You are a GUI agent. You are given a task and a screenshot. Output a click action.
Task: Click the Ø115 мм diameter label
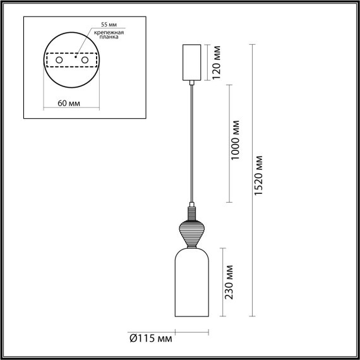point(150,340)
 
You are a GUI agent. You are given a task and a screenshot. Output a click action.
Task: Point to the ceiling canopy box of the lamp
point(191,63)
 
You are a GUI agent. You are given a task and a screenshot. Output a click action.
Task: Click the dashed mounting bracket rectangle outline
point(71,51)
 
